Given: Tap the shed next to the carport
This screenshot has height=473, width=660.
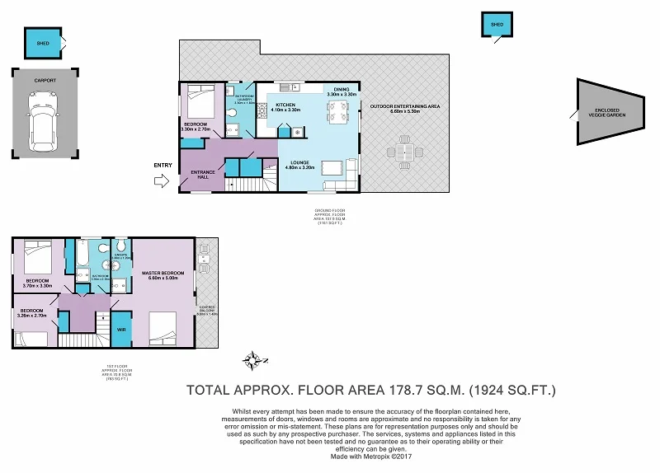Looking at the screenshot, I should tap(42, 42).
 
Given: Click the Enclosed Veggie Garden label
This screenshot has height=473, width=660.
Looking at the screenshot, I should tap(610, 112).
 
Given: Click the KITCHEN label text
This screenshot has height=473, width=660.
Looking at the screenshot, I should tap(285, 105).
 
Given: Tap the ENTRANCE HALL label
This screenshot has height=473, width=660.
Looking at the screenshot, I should tap(203, 174).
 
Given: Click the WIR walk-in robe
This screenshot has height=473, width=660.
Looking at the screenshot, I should tap(121, 329).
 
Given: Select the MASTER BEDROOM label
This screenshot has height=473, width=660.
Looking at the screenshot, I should tap(162, 274).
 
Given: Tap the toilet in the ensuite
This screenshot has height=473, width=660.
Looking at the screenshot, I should tap(120, 246).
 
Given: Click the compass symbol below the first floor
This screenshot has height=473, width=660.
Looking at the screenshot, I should tap(256, 360).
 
